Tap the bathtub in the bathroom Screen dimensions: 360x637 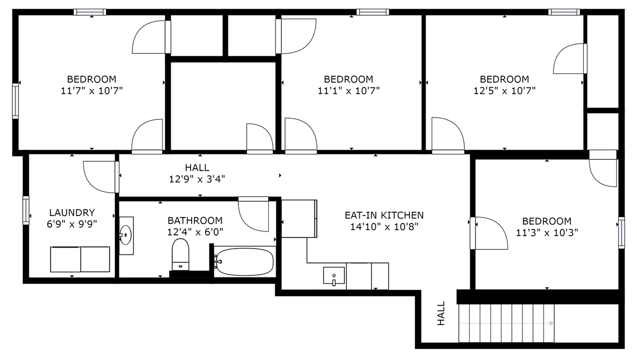tap(244, 262)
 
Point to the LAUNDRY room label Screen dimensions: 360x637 tap(72, 212)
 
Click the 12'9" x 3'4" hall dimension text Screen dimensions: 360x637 tap(197, 179)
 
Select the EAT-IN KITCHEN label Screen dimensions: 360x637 tap(384, 215)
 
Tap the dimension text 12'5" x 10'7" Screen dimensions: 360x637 tap(504, 91)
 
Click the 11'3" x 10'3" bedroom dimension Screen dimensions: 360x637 tap(546, 232)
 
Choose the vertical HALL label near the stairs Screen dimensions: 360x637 tap(441, 314)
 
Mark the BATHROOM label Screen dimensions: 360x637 tap(195, 220)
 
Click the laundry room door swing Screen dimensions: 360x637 tap(100, 177)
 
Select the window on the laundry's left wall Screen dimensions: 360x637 tap(26, 210)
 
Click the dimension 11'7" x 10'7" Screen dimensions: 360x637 tap(92, 91)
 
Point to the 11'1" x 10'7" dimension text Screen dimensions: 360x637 tap(348, 91)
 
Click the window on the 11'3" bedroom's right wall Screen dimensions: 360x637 tap(621, 233)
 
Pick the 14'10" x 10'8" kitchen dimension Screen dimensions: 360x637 tap(384, 227)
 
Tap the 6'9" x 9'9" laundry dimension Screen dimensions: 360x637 tap(72, 224)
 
